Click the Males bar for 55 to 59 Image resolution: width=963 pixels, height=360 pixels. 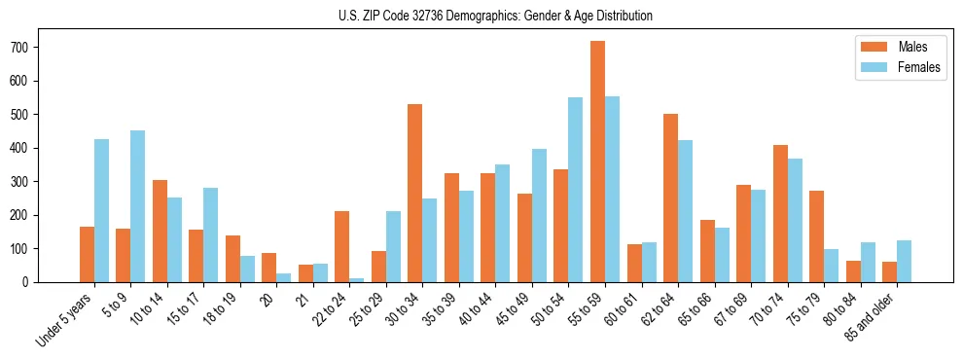[x=597, y=162]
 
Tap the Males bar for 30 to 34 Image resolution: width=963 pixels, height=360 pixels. [x=414, y=193]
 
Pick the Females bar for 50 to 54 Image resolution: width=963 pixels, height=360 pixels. [x=575, y=190]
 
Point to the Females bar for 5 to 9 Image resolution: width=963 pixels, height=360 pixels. [x=137, y=206]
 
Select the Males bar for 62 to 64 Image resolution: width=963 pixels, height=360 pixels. [x=670, y=198]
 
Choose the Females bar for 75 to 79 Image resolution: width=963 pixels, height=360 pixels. [x=831, y=266]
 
